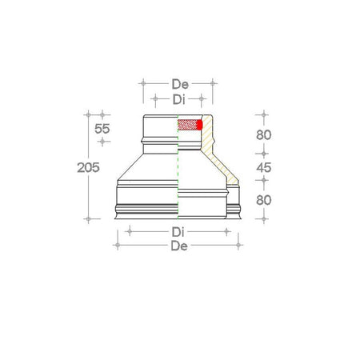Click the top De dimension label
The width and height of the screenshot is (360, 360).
[x=179, y=83]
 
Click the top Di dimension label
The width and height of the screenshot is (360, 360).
[x=180, y=99]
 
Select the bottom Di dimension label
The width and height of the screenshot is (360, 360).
[x=180, y=232]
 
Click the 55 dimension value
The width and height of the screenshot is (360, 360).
[x=102, y=129]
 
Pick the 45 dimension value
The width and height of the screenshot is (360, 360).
[x=264, y=167]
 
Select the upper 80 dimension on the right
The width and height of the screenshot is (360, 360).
[x=264, y=134]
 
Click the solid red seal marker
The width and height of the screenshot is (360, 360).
[x=199, y=126]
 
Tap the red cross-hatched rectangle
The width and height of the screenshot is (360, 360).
[x=187, y=126]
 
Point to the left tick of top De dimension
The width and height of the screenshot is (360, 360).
[x=142, y=83]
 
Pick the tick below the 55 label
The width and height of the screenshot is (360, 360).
[x=102, y=142]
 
